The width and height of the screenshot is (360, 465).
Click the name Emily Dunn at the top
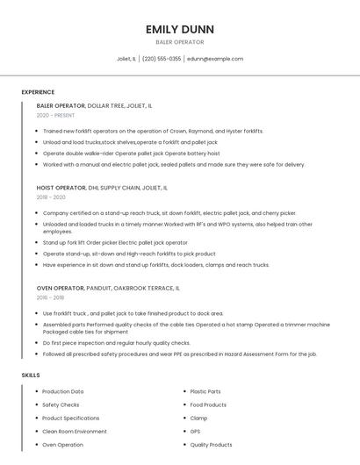179,29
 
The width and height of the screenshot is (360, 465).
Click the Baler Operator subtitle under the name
179,42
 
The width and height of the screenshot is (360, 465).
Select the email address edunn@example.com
214,59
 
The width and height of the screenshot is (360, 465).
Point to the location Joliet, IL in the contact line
126,59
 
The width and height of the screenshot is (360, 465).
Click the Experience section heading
38,92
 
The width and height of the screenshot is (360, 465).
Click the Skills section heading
31,376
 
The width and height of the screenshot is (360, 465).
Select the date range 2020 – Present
55,115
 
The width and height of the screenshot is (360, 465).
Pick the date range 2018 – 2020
52,197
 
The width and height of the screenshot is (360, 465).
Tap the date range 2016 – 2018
52,297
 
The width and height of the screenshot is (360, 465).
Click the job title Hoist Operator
61,188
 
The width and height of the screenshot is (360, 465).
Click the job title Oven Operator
61,288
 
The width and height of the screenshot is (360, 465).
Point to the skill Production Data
63,391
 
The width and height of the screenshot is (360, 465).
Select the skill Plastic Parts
205,391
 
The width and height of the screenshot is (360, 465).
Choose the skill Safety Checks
61,404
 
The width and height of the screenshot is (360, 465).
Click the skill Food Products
208,404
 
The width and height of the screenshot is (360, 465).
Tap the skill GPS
195,432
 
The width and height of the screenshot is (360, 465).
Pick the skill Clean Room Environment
74,432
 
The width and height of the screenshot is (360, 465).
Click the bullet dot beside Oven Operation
36,445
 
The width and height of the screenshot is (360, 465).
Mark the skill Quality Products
211,445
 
